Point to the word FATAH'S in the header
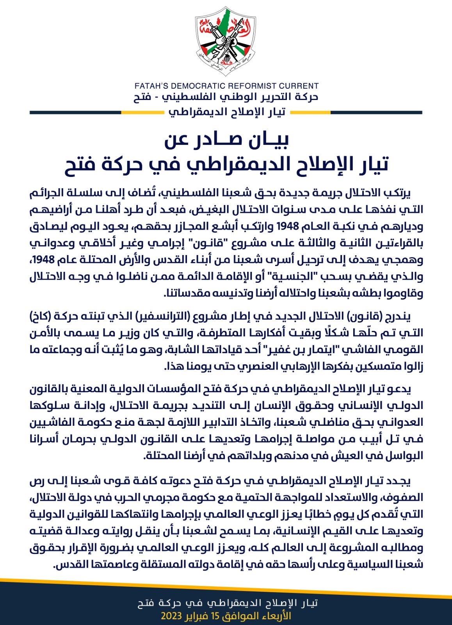(x=151, y=86)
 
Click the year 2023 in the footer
(x=172, y=616)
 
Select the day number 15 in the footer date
(x=215, y=616)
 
